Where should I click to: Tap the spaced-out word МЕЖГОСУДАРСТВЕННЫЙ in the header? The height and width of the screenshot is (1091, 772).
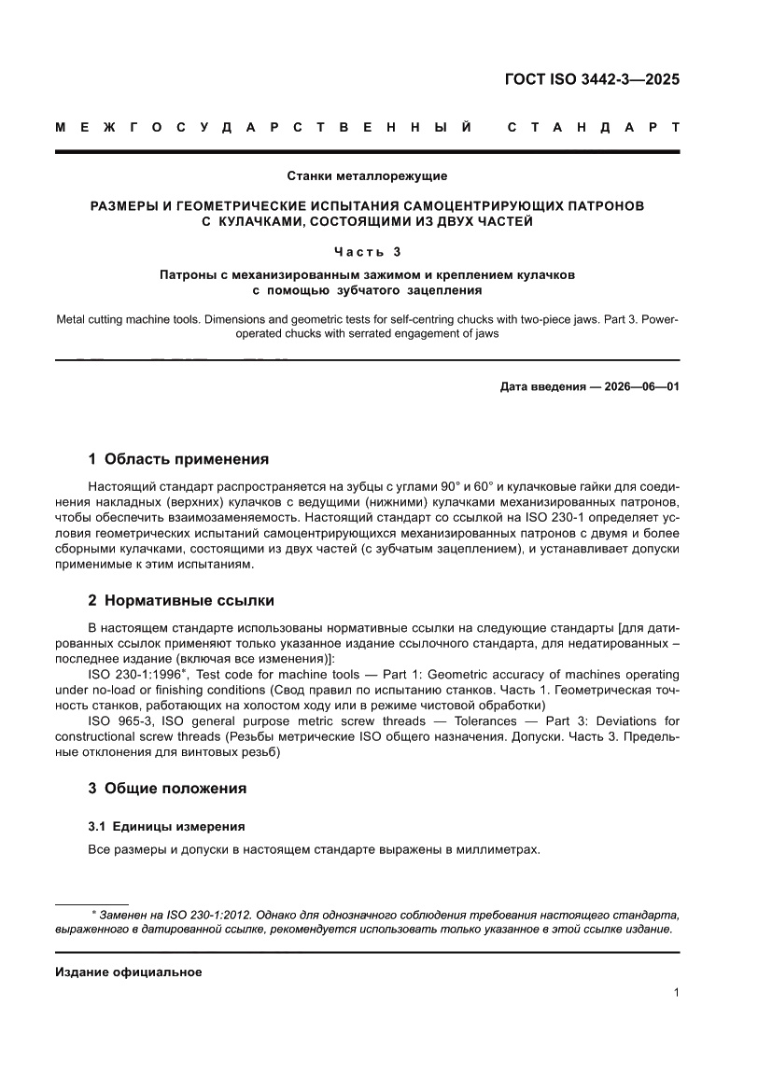(263, 128)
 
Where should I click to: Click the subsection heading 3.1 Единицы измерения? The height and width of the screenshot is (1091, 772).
(166, 826)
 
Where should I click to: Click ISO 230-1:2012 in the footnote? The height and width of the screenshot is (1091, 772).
(210, 916)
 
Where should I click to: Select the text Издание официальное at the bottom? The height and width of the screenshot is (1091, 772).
(129, 972)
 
